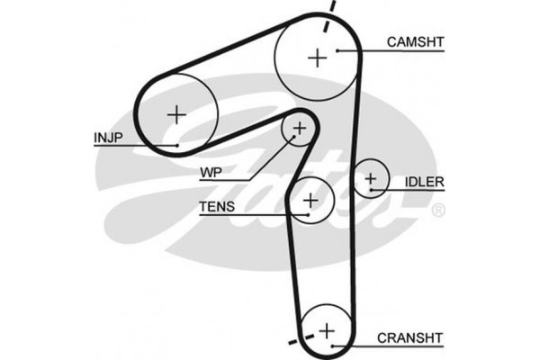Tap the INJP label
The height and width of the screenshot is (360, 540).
point(109,138)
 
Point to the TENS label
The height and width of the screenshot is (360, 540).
point(217,207)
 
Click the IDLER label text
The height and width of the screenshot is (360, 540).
point(423,182)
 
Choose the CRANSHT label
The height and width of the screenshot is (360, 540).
point(409,338)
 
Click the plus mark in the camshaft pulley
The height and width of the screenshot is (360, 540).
point(318,58)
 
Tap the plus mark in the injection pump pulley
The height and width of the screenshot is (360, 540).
point(176,113)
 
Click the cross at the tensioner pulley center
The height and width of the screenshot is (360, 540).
point(311,200)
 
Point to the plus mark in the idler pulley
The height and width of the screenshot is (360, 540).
point(370,178)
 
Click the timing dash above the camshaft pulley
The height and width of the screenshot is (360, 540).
point(333,8)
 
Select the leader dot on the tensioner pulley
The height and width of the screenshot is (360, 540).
point(309,215)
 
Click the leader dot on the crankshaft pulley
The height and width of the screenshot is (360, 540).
point(332,346)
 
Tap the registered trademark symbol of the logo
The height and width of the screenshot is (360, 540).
point(438,211)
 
